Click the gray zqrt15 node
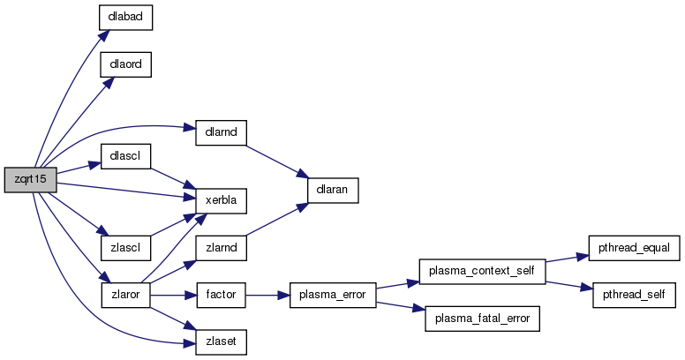tap(31, 180)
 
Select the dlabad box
tap(126, 18)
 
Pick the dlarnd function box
tap(219, 131)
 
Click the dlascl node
tap(126, 156)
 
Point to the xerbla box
tap(219, 201)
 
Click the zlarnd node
tap(219, 248)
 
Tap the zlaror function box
tap(126, 294)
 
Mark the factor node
tap(219, 294)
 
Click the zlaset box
tap(219, 340)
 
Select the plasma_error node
tap(332, 294)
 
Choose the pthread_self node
tap(634, 294)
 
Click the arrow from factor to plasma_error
tap(267, 294)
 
